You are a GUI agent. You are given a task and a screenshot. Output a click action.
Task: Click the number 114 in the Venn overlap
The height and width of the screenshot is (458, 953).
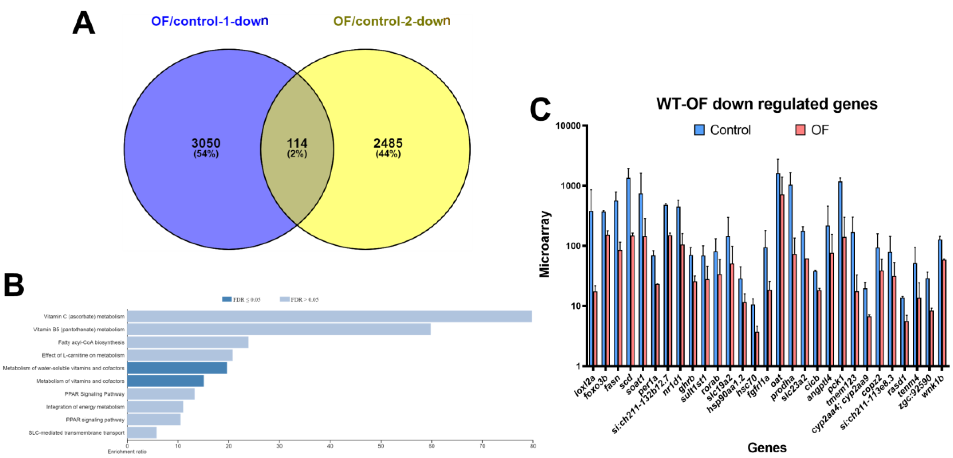297,143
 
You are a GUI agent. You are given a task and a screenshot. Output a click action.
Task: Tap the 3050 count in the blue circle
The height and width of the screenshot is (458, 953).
206,143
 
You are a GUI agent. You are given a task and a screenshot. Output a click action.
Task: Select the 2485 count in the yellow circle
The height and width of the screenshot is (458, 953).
388,143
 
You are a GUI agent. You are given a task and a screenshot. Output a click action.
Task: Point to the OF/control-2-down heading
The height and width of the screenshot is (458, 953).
392,21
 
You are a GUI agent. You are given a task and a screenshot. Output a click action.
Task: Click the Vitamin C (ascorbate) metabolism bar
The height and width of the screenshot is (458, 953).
330,316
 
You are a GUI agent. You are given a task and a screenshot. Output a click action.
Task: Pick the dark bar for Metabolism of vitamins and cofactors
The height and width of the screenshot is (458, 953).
165,381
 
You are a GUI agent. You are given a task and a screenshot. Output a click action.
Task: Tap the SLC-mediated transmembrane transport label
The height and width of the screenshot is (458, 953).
77,432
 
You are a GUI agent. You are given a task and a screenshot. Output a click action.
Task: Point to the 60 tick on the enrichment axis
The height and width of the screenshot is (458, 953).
431,446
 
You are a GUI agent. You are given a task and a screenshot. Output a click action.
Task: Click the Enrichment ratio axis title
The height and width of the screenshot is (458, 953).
127,452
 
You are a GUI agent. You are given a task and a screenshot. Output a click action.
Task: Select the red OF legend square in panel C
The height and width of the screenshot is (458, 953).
800,130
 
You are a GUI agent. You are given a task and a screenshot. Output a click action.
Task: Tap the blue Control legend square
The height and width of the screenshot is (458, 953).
699,130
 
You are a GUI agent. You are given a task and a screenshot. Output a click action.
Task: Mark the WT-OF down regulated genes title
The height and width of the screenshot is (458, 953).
767,104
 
